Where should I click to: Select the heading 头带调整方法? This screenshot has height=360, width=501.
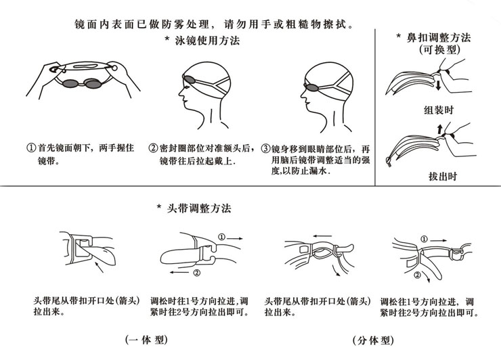click(198, 208)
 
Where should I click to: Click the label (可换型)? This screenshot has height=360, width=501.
click(437, 51)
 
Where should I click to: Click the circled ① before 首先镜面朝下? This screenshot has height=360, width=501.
click(30, 148)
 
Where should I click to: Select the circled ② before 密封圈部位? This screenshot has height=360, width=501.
click(154, 148)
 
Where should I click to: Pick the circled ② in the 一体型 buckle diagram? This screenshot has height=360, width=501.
click(196, 273)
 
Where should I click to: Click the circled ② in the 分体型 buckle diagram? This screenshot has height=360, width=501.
click(418, 275)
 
